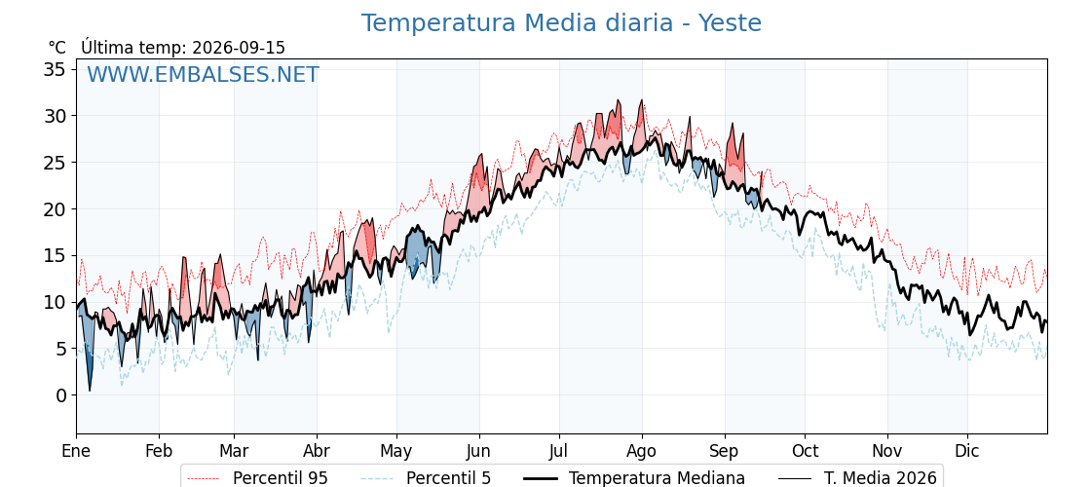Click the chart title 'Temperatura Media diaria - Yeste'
point(561,23)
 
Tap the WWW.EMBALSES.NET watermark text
point(204,74)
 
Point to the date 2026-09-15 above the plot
point(239,48)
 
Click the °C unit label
point(57,48)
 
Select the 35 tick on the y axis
point(55,69)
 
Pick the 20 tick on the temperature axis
point(55,208)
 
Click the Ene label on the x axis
point(77,451)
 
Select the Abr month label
point(317,451)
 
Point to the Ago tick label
point(642,452)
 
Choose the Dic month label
point(967,451)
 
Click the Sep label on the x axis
point(725,452)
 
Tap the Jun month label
point(478,451)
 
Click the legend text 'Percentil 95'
point(281,478)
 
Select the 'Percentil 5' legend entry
point(448,478)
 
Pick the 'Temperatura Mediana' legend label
point(657,478)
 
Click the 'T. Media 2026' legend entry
point(881,478)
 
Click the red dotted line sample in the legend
point(205,478)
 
